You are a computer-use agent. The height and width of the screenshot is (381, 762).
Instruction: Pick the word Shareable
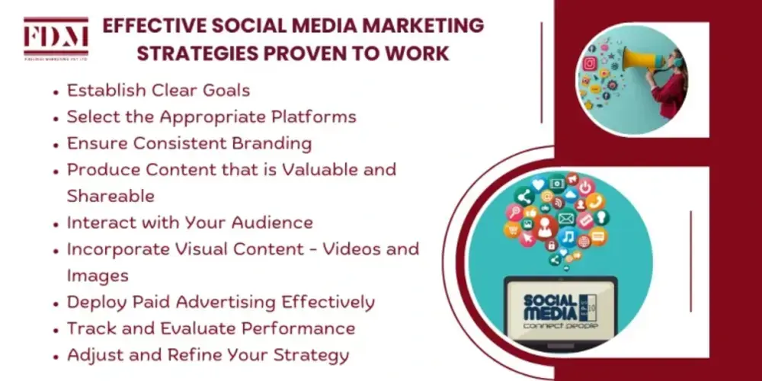pos(110,195)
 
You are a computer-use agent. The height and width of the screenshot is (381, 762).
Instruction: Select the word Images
pos(98,274)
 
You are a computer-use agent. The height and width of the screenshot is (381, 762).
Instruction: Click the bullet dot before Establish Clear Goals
pos(56,91)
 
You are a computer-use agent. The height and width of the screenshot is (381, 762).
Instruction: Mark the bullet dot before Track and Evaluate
pos(56,329)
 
